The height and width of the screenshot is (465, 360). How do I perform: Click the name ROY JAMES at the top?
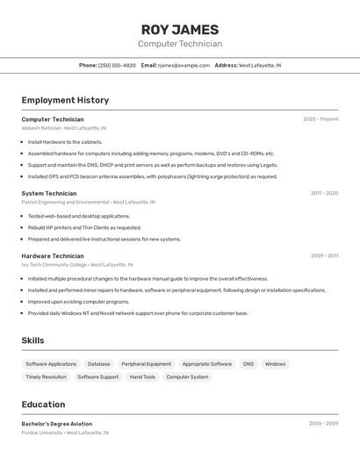[x=180, y=29]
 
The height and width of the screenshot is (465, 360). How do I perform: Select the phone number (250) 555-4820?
[x=117, y=65]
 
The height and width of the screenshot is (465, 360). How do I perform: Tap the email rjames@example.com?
[x=184, y=65]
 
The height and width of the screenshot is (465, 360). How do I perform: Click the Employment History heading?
[x=65, y=100]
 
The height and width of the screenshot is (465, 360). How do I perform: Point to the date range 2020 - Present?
[x=320, y=119]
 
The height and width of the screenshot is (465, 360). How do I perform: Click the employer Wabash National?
[x=40, y=128]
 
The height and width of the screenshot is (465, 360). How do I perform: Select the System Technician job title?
[x=49, y=193]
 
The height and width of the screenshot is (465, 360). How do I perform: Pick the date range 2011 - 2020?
[x=324, y=193]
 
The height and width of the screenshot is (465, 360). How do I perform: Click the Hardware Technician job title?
[x=53, y=255]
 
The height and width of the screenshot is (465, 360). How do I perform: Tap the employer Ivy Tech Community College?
[x=54, y=264]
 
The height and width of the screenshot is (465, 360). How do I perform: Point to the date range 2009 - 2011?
[x=324, y=255]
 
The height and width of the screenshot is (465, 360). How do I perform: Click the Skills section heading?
[x=32, y=340]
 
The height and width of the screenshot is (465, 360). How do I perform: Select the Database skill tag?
[x=99, y=364]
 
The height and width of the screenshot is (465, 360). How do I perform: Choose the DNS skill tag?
[x=248, y=364]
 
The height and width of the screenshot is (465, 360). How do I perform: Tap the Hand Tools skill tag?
[x=142, y=377]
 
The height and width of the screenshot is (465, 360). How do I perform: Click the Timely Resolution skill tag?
[x=46, y=377]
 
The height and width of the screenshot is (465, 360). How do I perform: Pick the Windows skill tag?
[x=275, y=364]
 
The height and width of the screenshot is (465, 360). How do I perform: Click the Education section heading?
[x=43, y=404]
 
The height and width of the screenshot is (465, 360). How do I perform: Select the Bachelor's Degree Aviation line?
[x=57, y=424]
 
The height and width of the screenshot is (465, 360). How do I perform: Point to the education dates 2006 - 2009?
[x=323, y=424]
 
